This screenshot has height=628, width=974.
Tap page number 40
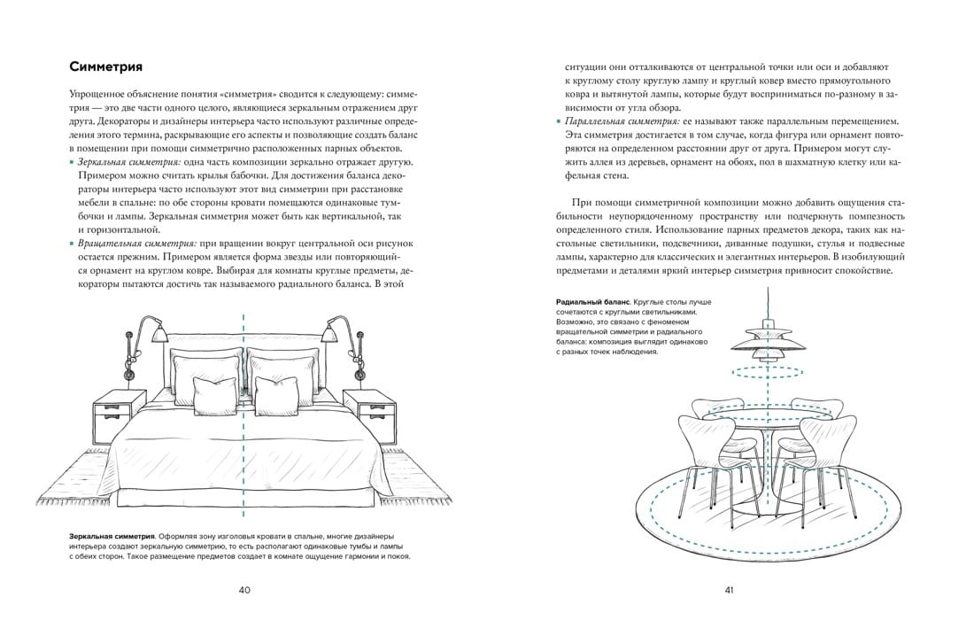click(x=245, y=590)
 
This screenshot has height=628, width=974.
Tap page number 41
click(x=729, y=590)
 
